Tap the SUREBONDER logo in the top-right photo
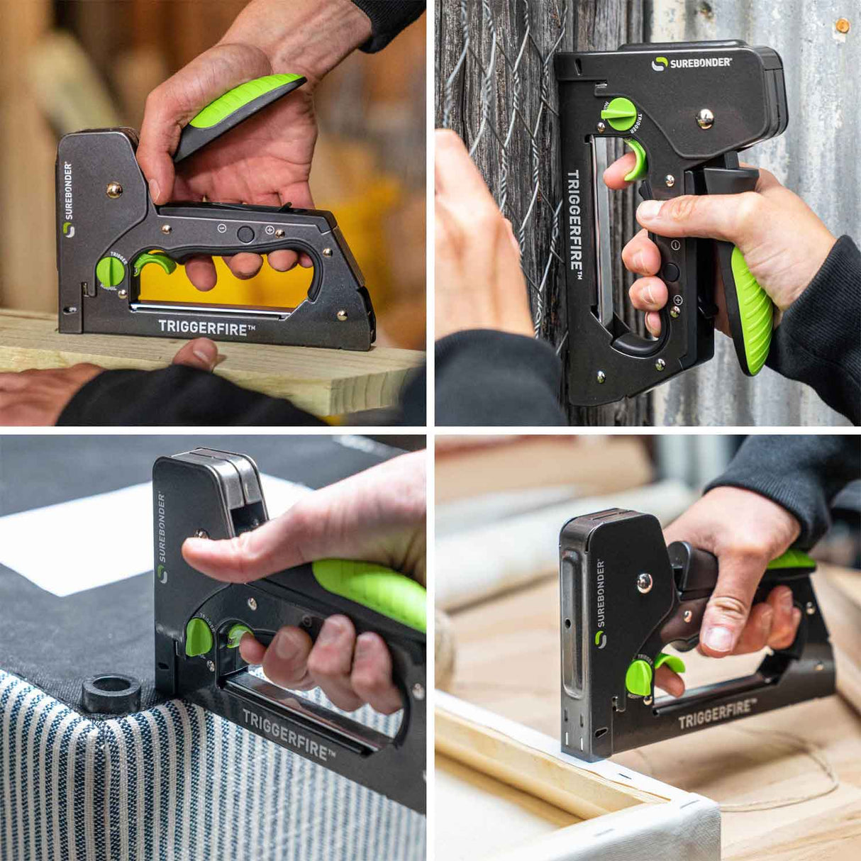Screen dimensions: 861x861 691,63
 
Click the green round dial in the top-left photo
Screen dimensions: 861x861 110,272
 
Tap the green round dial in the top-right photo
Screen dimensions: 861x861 621,114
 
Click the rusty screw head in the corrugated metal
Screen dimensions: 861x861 842,26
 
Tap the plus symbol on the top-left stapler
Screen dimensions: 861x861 270,230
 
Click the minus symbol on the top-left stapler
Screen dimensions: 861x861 222,228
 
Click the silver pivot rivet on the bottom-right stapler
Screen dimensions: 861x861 645,583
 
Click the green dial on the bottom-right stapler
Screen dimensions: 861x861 639,678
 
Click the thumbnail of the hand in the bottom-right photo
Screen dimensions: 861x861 720,638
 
